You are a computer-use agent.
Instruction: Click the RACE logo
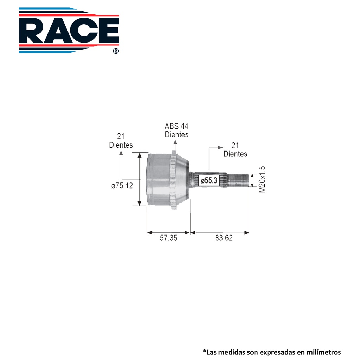[x=69, y=30]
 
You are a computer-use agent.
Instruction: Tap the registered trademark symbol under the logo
[x=116, y=51]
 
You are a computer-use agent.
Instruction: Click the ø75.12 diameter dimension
[x=122, y=186]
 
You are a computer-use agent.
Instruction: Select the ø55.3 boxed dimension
[x=209, y=180]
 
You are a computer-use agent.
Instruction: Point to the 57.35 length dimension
[x=168, y=238]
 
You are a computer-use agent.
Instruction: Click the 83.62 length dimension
[x=224, y=238]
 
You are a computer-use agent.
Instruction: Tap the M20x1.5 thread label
[x=262, y=179]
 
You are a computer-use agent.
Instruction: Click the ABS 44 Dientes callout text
[x=176, y=130]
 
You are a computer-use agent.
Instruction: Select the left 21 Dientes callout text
[x=121, y=141]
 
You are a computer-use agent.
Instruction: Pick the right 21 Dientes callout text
[x=235, y=150]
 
